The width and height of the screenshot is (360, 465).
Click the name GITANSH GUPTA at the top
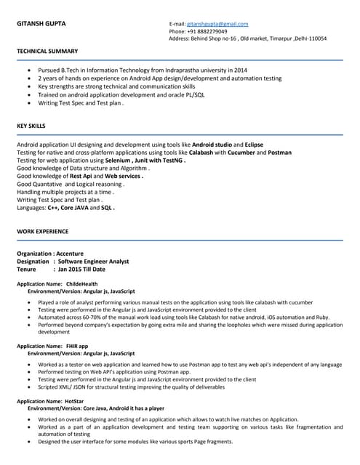(x=41, y=24)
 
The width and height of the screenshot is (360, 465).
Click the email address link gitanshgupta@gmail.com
(x=217, y=24)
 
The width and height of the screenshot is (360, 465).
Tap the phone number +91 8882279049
(x=207, y=31)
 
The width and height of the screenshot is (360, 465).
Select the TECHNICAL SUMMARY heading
(x=47, y=51)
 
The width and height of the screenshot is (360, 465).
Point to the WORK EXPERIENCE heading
(x=42, y=231)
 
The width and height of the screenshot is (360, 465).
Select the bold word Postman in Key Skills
(x=280, y=153)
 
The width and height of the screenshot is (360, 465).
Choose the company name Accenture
(x=70, y=254)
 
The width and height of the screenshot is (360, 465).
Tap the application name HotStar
(x=74, y=400)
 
